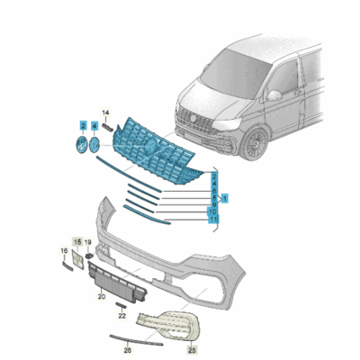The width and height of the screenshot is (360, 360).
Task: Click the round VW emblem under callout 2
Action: tap(78, 146)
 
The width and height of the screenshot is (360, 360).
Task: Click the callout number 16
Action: tap(65, 251)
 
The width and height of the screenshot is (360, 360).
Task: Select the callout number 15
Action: tap(77, 243)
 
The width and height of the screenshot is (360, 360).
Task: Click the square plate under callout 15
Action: tap(78, 260)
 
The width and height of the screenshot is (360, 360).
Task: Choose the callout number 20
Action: tap(102, 296)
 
